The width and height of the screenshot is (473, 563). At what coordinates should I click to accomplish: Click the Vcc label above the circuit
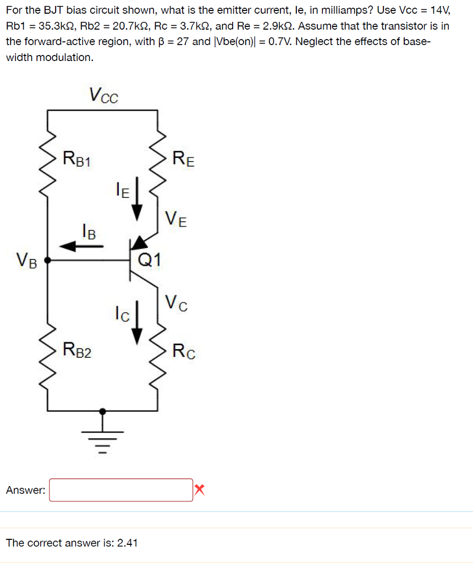[103, 96]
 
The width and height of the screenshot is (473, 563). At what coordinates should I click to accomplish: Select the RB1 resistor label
[78, 159]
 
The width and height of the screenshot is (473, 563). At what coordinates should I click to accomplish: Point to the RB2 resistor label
[78, 350]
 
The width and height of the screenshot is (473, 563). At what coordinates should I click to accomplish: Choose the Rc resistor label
[184, 350]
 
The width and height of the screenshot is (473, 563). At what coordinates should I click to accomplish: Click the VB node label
[26, 260]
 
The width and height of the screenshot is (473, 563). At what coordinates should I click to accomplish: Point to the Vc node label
[176, 302]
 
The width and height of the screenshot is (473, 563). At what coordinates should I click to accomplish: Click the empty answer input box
[121, 490]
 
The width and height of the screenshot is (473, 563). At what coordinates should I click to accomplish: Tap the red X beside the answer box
[199, 489]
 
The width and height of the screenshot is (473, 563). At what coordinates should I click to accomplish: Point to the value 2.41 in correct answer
[127, 543]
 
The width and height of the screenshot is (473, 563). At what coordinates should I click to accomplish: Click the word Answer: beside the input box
[25, 490]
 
